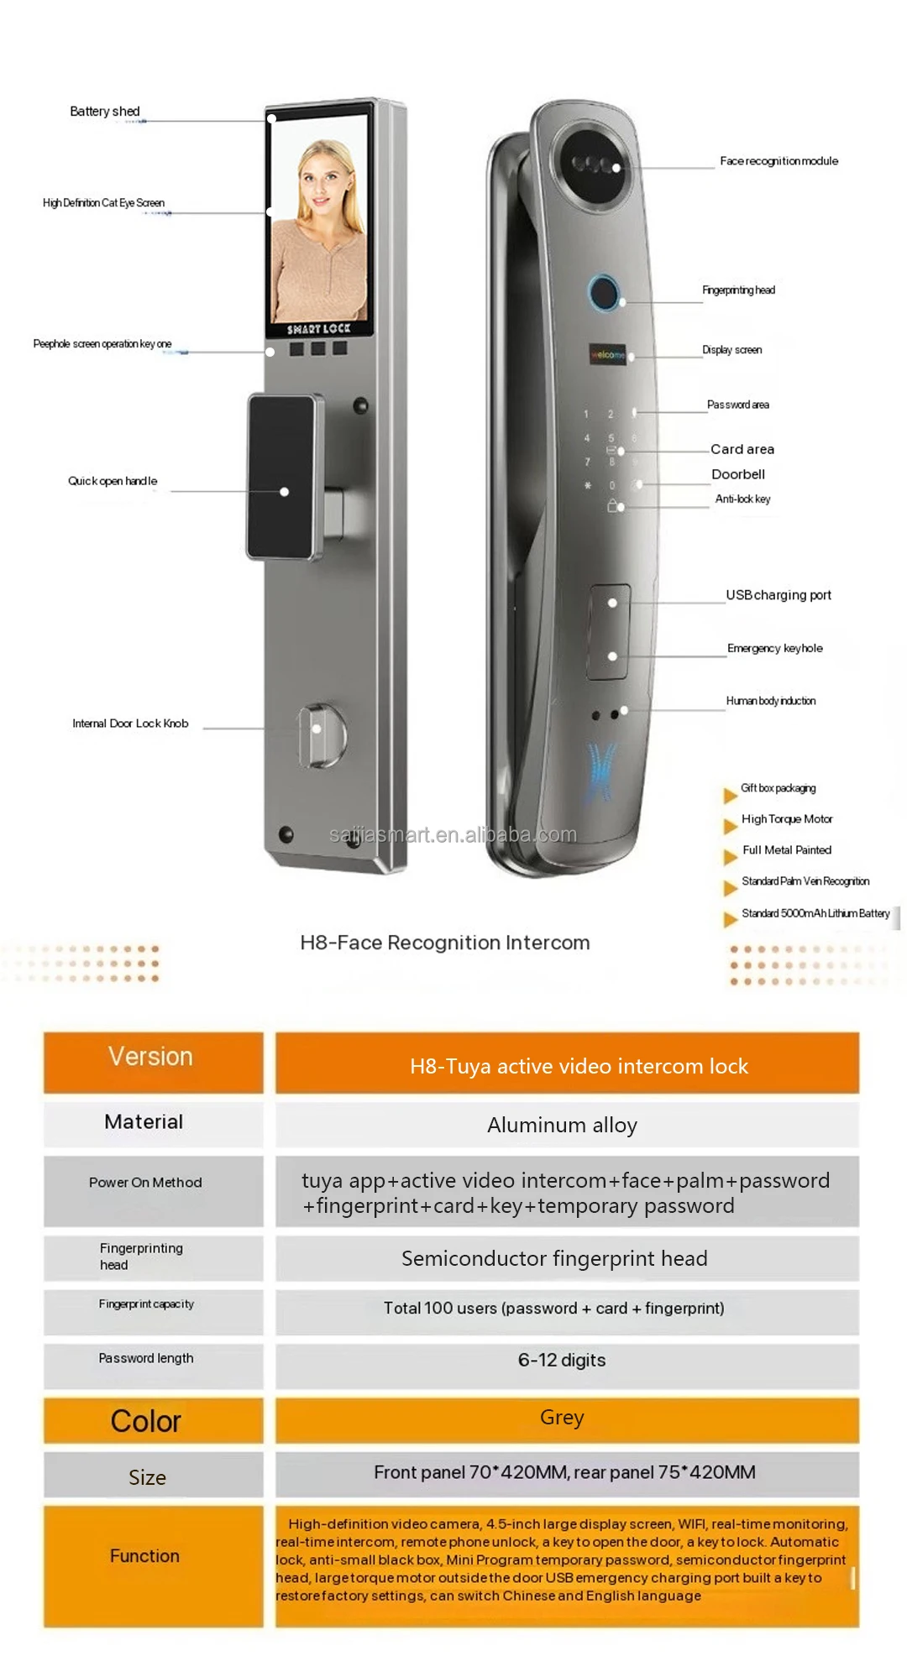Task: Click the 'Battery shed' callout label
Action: coord(105,112)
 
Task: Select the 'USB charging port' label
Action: coord(779,595)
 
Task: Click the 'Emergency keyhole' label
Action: coord(774,648)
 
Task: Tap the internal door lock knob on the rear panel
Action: coord(320,735)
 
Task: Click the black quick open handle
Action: coord(283,476)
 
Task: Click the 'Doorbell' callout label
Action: coord(738,474)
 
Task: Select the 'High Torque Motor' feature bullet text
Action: coord(786,819)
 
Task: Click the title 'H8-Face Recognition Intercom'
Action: coord(445,943)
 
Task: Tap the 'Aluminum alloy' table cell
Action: coord(562,1125)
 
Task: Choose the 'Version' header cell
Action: coord(151,1057)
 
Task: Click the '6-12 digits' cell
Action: coord(562,1360)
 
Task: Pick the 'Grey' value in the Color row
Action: coord(562,1418)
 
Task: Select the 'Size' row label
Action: coord(148,1477)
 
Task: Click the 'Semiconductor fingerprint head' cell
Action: coord(554,1258)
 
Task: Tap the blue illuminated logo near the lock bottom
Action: coord(600,771)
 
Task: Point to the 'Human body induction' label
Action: coord(770,701)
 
